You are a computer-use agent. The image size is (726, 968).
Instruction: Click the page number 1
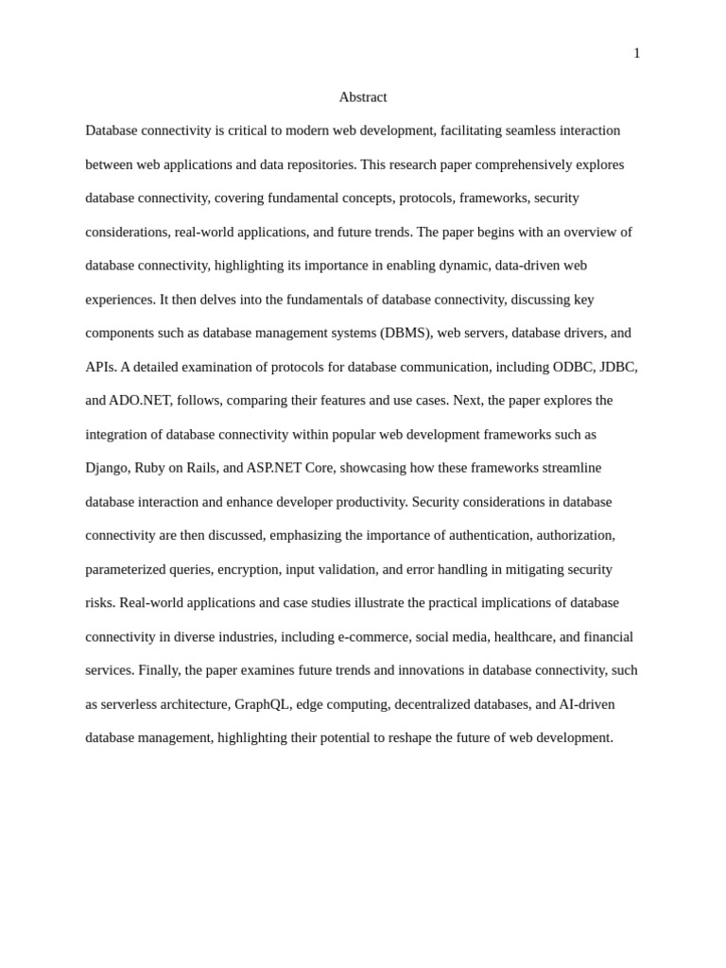[637, 54]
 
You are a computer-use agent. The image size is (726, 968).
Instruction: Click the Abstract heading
[363, 97]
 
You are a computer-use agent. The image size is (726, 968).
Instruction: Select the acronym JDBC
[618, 367]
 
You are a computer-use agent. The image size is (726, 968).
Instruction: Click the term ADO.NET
[139, 400]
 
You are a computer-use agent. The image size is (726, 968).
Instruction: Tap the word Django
[106, 468]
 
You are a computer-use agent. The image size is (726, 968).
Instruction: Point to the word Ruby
[149, 468]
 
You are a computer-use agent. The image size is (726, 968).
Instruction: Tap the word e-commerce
[373, 636]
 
